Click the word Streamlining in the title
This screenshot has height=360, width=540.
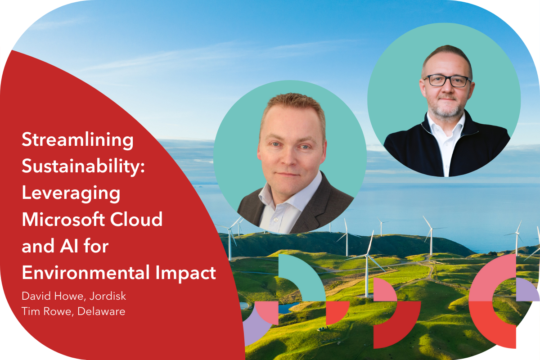tap(77, 140)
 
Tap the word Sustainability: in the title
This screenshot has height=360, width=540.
tap(83, 167)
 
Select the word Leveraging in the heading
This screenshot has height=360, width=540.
tap(71, 193)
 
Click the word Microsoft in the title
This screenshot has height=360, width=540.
tap(63, 219)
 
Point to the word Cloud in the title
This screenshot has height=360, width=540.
tap(136, 219)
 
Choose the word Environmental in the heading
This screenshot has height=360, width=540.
tap(86, 272)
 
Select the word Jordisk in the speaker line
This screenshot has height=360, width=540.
tap(108, 296)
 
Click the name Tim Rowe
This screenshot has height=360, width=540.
tap(47, 311)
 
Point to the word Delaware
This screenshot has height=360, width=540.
tap(101, 311)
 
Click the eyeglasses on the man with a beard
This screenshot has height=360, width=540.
tap(447, 81)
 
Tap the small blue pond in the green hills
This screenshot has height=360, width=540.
tap(288, 308)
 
